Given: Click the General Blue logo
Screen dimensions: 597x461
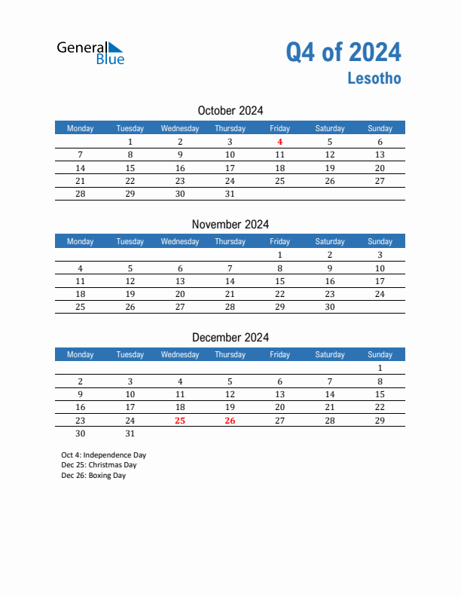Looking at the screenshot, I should pyautogui.click(x=90, y=51).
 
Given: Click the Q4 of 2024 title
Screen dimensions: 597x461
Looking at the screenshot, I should pyautogui.click(x=343, y=52).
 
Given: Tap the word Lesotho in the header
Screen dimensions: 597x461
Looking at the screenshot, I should pyautogui.click(x=374, y=78).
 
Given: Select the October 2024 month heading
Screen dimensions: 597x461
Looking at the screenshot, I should pyautogui.click(x=230, y=111).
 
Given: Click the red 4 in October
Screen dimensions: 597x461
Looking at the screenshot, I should pyautogui.click(x=279, y=142).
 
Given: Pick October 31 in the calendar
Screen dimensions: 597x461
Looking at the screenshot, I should pyautogui.click(x=230, y=194).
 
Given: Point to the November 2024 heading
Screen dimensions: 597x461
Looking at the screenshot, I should pyautogui.click(x=230, y=224).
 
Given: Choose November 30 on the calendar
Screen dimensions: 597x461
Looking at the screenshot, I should pyautogui.click(x=329, y=307).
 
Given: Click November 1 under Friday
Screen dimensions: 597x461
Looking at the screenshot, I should pyautogui.click(x=279, y=255).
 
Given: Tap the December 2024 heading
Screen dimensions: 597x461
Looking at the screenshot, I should pyautogui.click(x=230, y=337).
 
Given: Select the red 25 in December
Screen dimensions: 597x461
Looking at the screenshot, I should pyautogui.click(x=180, y=421).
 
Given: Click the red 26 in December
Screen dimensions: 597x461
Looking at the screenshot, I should pyautogui.click(x=230, y=421).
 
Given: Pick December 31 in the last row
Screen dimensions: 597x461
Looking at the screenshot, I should pyautogui.click(x=130, y=433).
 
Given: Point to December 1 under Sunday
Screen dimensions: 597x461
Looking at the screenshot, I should pyautogui.click(x=380, y=368).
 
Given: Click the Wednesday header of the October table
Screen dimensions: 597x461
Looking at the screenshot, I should pyautogui.click(x=180, y=128).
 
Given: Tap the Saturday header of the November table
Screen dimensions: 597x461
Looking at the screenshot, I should pyautogui.click(x=329, y=241).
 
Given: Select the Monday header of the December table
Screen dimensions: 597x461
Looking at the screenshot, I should pyautogui.click(x=81, y=354).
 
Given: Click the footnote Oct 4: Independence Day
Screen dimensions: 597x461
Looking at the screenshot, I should pyautogui.click(x=104, y=455).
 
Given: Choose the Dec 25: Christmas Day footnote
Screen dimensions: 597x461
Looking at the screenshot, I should pyautogui.click(x=99, y=465).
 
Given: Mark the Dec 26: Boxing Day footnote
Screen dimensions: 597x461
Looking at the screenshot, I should pyautogui.click(x=94, y=476).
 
